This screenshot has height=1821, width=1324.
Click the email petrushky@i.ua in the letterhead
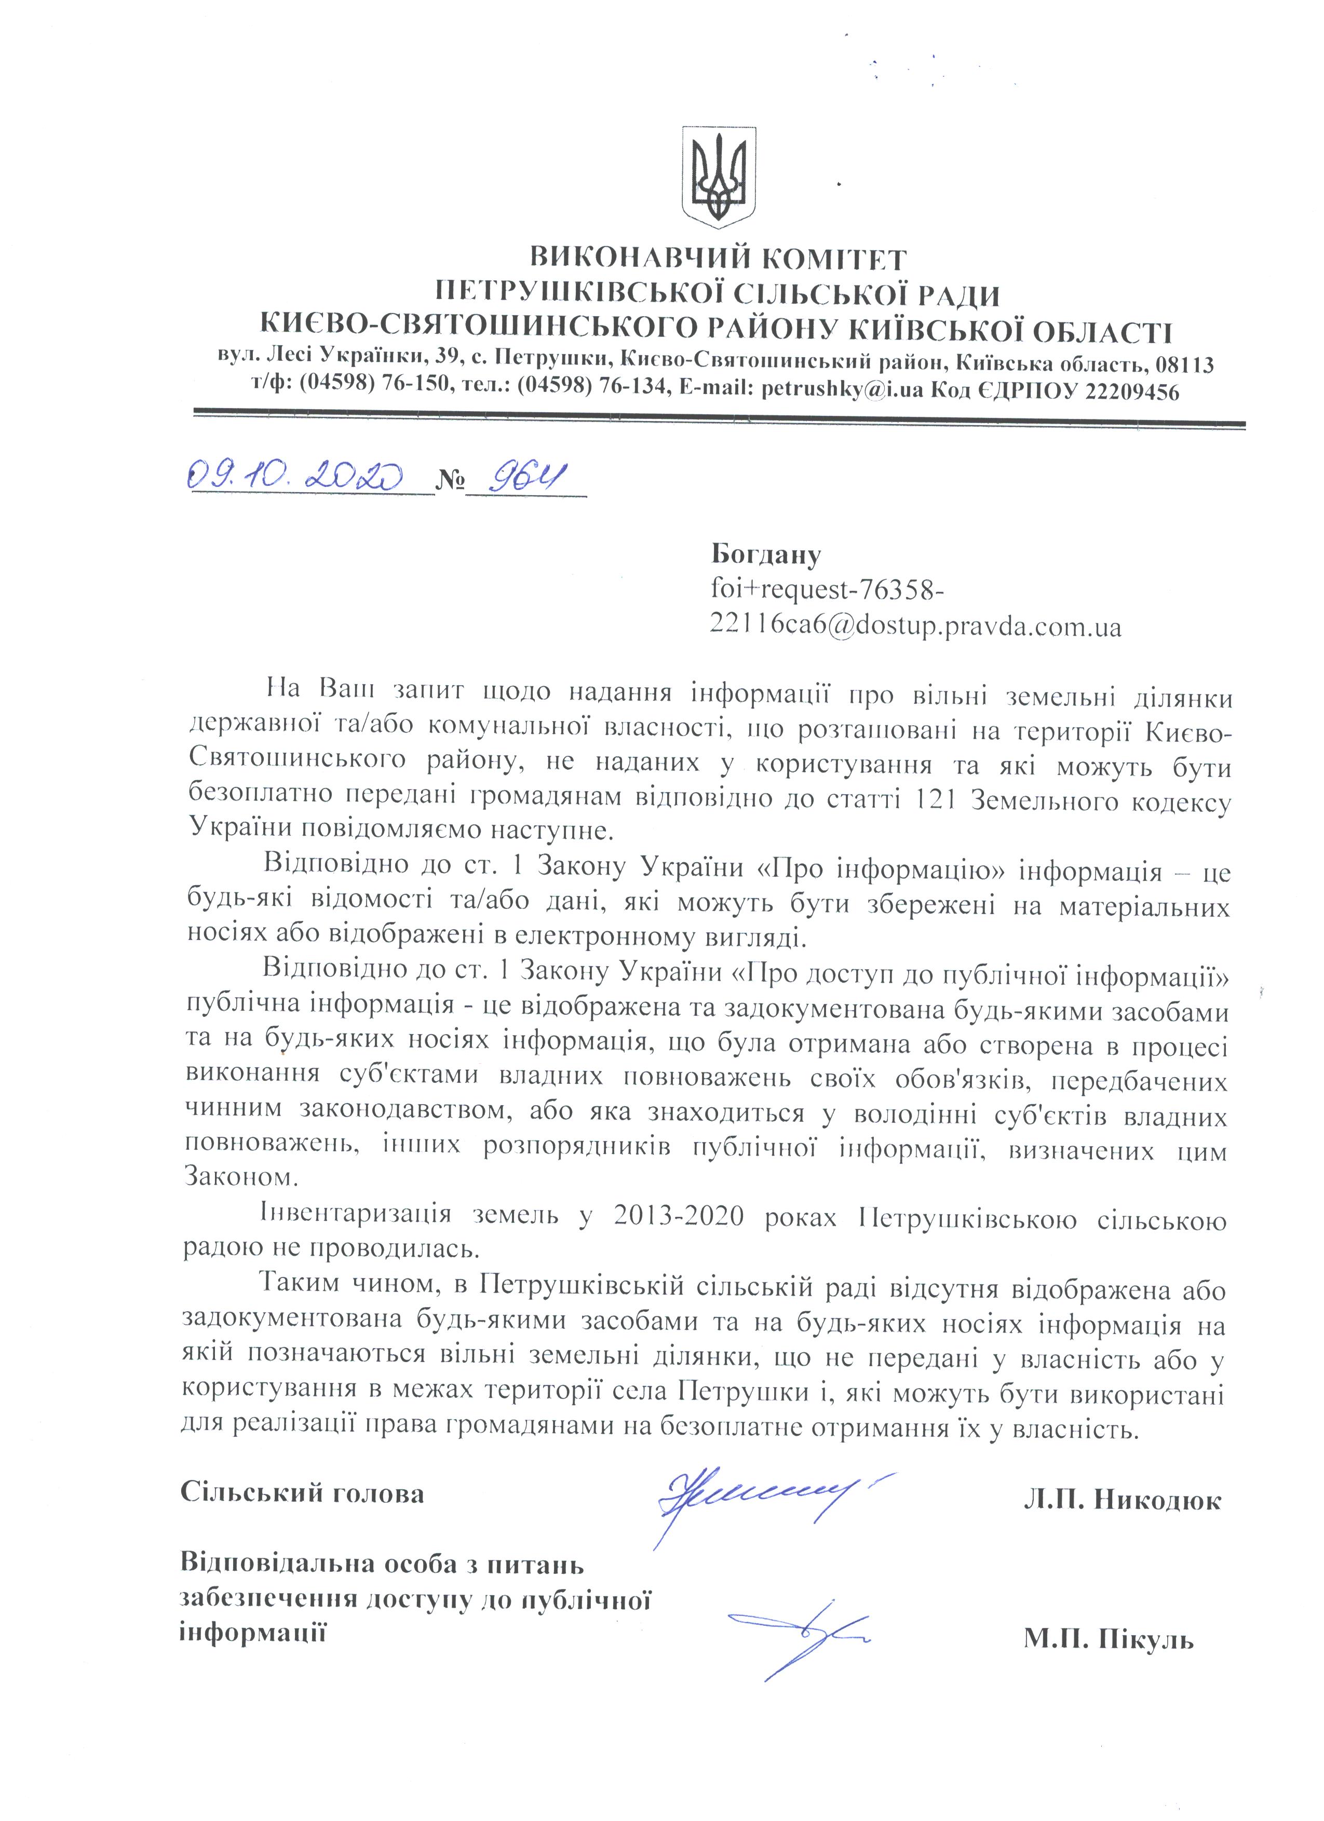(844, 391)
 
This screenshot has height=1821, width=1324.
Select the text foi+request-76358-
(827, 590)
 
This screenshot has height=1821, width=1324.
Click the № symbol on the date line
(450, 480)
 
